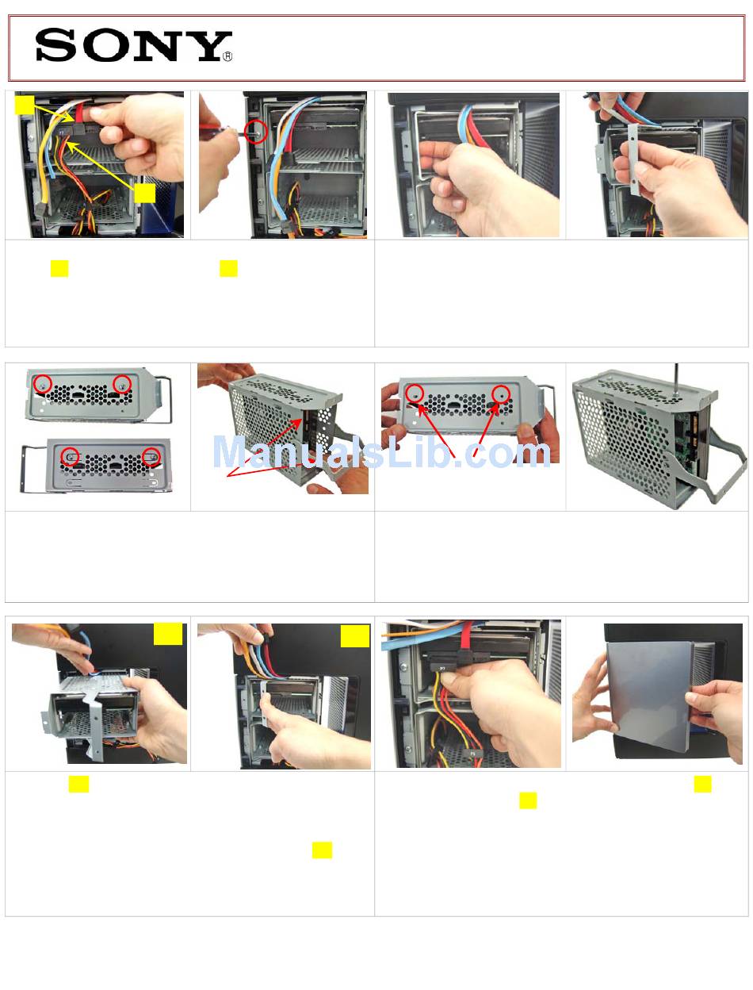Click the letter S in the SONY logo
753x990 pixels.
pos(55,44)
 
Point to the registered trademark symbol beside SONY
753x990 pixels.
pos(227,56)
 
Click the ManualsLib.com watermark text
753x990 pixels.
pos(380,451)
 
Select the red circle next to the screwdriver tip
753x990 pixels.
pos(255,131)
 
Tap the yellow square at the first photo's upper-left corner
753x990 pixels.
pos(25,104)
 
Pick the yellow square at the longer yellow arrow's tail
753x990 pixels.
pos(144,193)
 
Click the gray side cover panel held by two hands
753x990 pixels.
pos(649,696)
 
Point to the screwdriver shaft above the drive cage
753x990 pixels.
pos(675,378)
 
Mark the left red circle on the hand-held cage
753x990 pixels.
pos(414,393)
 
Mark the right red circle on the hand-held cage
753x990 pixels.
pos(501,393)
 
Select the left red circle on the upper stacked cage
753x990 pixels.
pos(42,384)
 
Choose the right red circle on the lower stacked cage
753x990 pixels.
pos(151,456)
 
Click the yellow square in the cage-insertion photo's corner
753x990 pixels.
pos(167,634)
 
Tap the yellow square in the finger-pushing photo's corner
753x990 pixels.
pos(354,635)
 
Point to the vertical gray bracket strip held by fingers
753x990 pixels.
pos(633,159)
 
